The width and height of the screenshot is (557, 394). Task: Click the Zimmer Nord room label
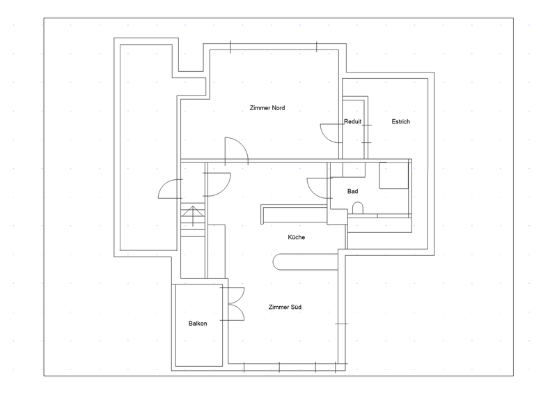pyautogui.click(x=267, y=108)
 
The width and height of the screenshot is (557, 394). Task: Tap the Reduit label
pyautogui.click(x=352, y=122)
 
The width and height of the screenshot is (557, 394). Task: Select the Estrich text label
pyautogui.click(x=401, y=122)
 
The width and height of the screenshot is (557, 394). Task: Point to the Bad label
pyautogui.click(x=352, y=192)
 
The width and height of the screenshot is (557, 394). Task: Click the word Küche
pyautogui.click(x=297, y=237)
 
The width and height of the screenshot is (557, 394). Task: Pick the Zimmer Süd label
pyautogui.click(x=285, y=307)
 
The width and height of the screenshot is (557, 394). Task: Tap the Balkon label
pyautogui.click(x=198, y=324)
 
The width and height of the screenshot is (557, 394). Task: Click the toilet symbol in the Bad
pyautogui.click(x=358, y=208)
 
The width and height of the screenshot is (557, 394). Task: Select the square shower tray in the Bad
pyautogui.click(x=393, y=176)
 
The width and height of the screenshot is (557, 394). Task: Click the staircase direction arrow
pyautogui.click(x=193, y=215)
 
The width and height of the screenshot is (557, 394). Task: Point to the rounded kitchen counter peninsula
pyautogui.click(x=306, y=262)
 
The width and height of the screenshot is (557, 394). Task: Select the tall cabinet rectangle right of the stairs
pyautogui.click(x=217, y=251)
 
